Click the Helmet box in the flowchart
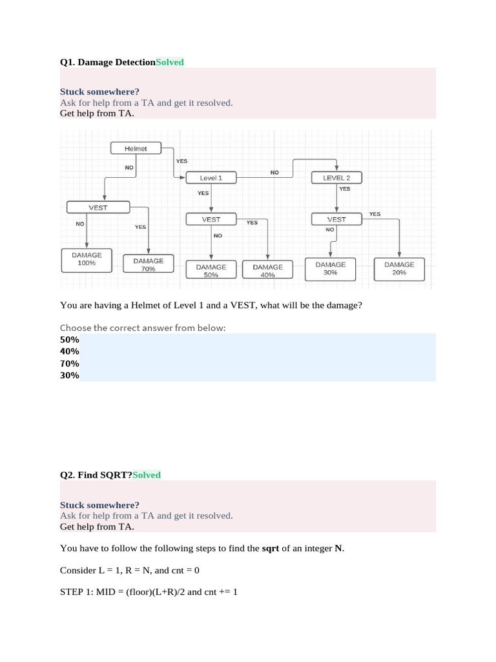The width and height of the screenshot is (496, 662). [x=136, y=149]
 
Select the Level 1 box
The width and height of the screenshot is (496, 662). [x=211, y=178]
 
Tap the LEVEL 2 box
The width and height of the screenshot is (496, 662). [x=336, y=178]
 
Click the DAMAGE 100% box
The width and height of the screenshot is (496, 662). [x=87, y=259]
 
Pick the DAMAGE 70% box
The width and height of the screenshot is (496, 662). [x=149, y=264]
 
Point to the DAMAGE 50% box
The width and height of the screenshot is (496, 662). [x=211, y=270]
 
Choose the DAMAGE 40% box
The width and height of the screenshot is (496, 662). [x=267, y=270]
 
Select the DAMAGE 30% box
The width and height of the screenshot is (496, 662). [x=331, y=268]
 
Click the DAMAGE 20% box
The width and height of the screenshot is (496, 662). [x=399, y=268]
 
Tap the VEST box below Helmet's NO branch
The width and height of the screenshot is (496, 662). [x=98, y=208]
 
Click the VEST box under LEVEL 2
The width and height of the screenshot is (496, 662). [x=336, y=219]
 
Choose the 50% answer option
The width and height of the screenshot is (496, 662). [x=70, y=339]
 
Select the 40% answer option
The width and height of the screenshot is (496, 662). [x=70, y=351]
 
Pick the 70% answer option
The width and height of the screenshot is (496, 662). [x=70, y=363]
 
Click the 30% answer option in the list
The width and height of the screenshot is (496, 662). [x=70, y=375]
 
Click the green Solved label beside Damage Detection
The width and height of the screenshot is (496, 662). [x=170, y=62]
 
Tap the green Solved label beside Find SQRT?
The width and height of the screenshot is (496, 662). [x=147, y=475]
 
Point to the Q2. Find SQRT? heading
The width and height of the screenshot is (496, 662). [x=96, y=475]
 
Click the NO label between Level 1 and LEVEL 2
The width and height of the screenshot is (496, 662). [x=274, y=173]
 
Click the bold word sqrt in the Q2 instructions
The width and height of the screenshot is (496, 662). [x=270, y=548]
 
